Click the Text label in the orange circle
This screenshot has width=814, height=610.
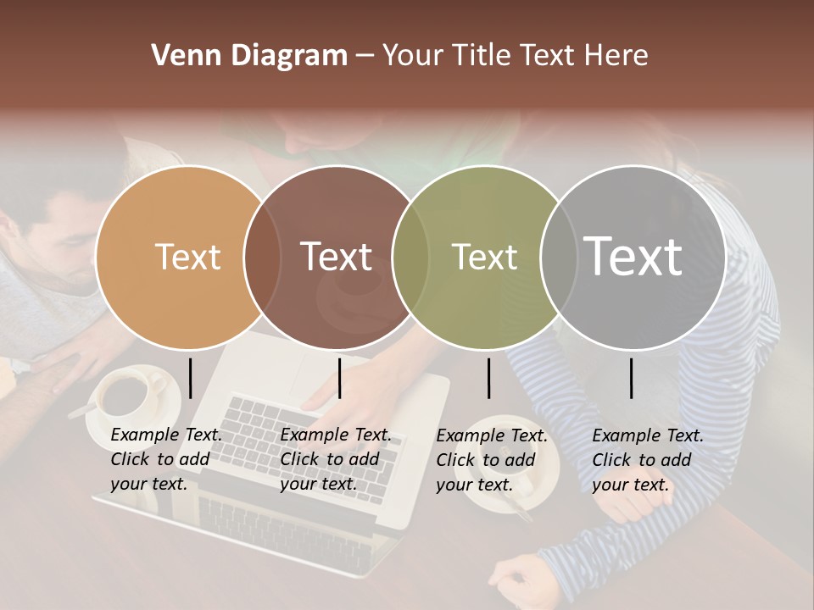pyautogui.click(x=188, y=257)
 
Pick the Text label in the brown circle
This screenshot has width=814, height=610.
pyautogui.click(x=337, y=257)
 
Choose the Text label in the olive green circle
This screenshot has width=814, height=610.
pyautogui.click(x=484, y=257)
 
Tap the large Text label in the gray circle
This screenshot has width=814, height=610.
pyautogui.click(x=633, y=256)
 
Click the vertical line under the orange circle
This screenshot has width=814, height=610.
pyautogui.click(x=191, y=378)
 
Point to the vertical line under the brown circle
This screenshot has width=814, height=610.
pyautogui.click(x=339, y=378)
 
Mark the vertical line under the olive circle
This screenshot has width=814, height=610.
pyautogui.click(x=488, y=378)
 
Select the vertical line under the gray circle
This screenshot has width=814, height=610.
pyautogui.click(x=631, y=378)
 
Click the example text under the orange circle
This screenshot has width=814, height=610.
pyautogui.click(x=165, y=459)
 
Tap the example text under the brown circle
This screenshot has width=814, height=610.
pyautogui.click(x=335, y=459)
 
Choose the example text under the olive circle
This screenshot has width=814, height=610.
pyautogui.click(x=491, y=459)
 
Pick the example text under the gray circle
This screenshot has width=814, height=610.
pyautogui.click(x=647, y=459)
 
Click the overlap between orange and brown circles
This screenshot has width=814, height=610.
pyautogui.click(x=262, y=257)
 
